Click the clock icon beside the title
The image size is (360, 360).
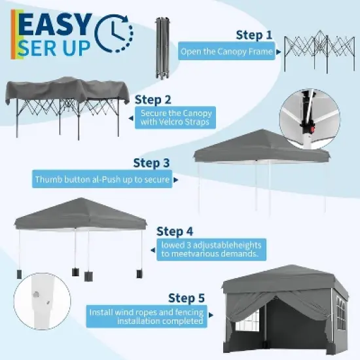114,31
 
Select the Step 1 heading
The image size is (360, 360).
253,34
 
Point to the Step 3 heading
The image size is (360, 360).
151,163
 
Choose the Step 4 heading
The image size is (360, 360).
175,231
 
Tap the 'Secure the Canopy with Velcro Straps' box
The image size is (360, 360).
175,118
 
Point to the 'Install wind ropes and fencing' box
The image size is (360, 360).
147,317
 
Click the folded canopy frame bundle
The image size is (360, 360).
161,48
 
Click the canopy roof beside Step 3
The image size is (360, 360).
262,148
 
